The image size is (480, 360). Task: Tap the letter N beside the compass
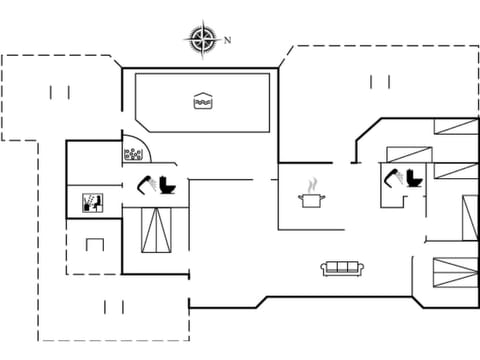(x=227, y=40)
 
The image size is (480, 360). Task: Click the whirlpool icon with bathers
(x=134, y=153)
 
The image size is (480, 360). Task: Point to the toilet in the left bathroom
(x=167, y=186)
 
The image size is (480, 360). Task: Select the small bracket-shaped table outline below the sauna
(x=95, y=243)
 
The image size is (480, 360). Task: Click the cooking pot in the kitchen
(x=313, y=199)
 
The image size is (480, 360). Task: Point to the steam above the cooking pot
(x=313, y=184)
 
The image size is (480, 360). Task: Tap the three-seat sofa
(x=342, y=267)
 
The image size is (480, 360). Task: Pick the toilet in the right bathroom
(x=414, y=180)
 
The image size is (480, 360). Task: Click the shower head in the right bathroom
(x=392, y=177)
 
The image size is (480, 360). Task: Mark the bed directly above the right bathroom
(x=410, y=153)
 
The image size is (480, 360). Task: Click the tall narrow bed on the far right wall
(x=470, y=218)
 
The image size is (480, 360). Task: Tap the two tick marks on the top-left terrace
(x=59, y=92)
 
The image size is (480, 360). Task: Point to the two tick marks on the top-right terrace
(x=379, y=81)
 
